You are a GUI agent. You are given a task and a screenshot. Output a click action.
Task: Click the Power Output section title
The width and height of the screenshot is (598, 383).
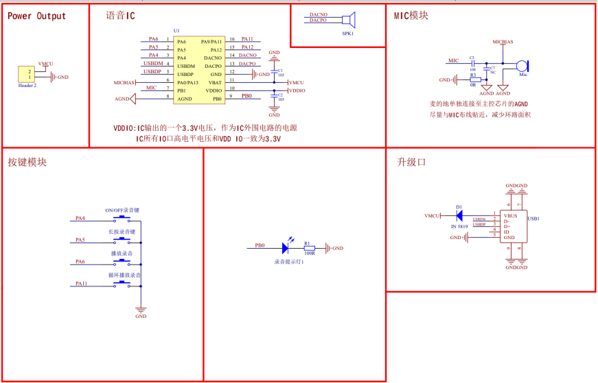[37, 16]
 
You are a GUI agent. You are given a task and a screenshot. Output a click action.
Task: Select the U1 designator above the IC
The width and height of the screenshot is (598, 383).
[176, 31]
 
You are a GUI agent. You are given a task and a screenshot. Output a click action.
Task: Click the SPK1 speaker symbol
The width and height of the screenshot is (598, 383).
[348, 21]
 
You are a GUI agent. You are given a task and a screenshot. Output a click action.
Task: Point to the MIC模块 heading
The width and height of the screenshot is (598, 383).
[411, 16]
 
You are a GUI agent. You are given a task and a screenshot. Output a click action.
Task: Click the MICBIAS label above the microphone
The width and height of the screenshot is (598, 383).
[503, 42]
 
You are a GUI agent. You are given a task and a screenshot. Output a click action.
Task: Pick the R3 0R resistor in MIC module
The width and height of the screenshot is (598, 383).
[473, 79]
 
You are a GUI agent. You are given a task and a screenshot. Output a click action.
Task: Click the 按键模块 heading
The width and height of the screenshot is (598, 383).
[27, 163]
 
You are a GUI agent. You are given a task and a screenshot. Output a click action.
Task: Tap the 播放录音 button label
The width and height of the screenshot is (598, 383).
[122, 254]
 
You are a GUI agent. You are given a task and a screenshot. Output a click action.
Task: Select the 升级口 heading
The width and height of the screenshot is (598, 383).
[412, 163]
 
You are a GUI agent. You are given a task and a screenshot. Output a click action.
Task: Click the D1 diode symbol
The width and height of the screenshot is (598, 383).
[459, 215]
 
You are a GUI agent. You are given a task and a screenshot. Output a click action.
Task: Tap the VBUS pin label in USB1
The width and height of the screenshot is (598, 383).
[510, 215]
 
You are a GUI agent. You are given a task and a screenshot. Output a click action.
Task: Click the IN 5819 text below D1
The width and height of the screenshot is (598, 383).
[459, 225]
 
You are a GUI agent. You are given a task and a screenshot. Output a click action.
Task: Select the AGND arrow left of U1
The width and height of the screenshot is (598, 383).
[133, 99]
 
